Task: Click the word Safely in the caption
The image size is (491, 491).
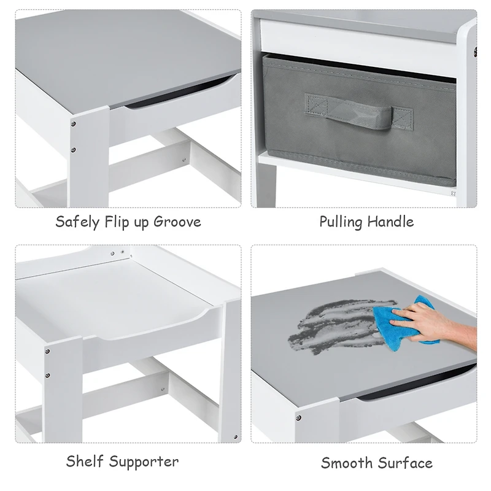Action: [77, 222]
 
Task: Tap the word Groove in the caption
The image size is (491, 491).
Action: [177, 222]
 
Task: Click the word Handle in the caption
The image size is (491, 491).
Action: [390, 222]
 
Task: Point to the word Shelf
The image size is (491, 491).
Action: [85, 462]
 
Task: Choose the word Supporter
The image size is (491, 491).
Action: [144, 462]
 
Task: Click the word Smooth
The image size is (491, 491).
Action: [346, 463]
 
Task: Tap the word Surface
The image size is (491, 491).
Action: [405, 463]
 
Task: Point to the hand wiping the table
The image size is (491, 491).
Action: [435, 323]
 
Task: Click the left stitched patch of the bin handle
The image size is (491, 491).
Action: [317, 103]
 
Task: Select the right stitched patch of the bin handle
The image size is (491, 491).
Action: [403, 118]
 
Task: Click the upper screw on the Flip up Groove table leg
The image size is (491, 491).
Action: [73, 124]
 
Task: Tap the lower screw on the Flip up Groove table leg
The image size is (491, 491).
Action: [73, 150]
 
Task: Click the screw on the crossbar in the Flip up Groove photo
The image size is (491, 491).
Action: [184, 160]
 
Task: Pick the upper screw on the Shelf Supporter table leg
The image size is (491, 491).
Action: [47, 352]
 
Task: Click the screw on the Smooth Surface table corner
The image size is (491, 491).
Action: [298, 418]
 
